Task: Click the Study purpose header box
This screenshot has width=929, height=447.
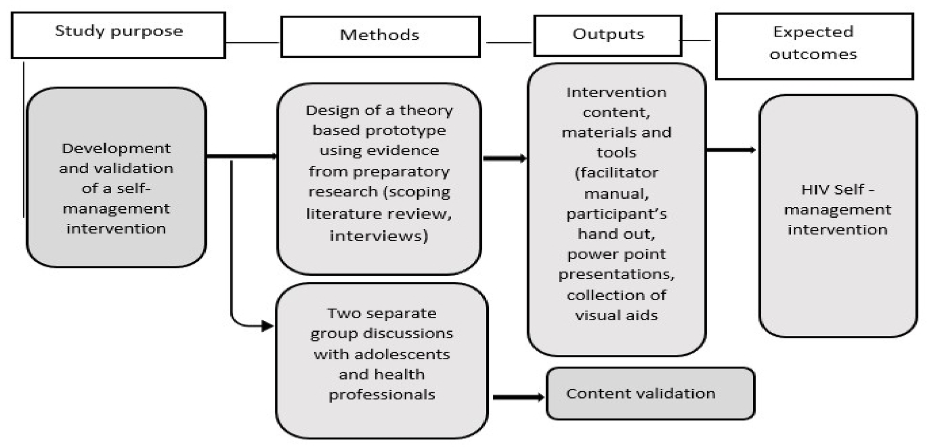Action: pyautogui.click(x=118, y=35)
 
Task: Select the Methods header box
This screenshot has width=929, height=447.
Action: pyautogui.click(x=380, y=37)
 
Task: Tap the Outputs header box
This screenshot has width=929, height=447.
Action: pyautogui.click(x=607, y=35)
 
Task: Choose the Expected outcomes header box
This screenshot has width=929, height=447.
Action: pyautogui.click(x=814, y=46)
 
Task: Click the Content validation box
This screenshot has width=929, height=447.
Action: pyautogui.click(x=650, y=393)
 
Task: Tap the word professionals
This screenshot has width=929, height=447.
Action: pyautogui.click(x=382, y=395)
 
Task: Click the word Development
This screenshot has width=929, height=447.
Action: pyautogui.click(x=116, y=148)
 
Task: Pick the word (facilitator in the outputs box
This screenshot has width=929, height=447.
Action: pyautogui.click(x=616, y=173)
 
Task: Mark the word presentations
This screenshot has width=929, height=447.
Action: pyautogui.click(x=616, y=274)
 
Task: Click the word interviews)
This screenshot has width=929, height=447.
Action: pyautogui.click(x=379, y=236)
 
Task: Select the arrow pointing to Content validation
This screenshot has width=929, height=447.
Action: pyautogui.click(x=518, y=397)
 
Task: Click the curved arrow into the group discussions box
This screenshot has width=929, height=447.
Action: pyautogui.click(x=240, y=320)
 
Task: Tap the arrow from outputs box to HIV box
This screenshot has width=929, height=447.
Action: pyautogui.click(x=731, y=150)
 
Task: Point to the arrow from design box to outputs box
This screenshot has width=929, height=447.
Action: pyautogui.click(x=504, y=159)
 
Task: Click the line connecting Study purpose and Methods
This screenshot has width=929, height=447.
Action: pyautogui.click(x=252, y=43)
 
